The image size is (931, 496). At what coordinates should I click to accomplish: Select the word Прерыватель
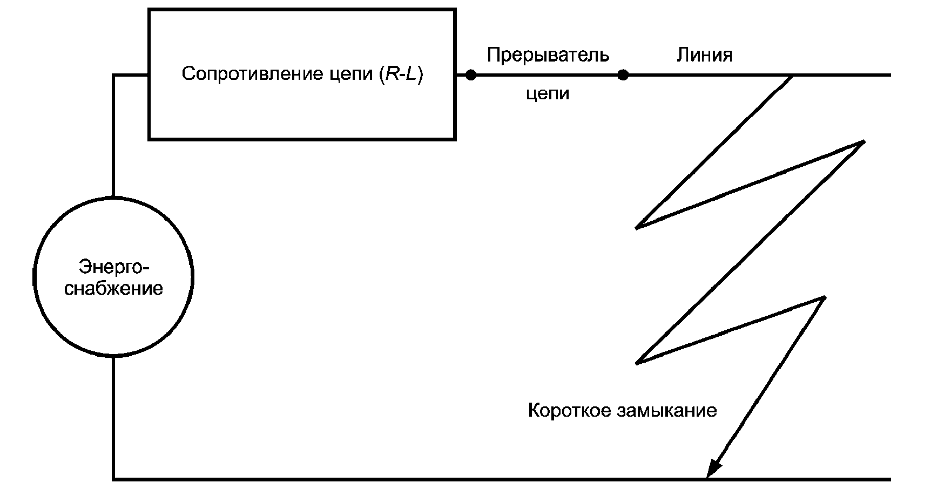click(548, 55)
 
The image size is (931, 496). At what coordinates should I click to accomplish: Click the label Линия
click(704, 55)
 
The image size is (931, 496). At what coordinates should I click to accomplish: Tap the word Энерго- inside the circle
click(114, 267)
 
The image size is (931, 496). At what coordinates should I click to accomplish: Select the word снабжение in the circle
click(114, 288)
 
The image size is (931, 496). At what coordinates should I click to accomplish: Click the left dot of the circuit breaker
click(471, 75)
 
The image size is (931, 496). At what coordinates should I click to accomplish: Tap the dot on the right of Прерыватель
click(623, 75)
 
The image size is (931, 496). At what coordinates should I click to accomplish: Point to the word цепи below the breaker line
click(548, 94)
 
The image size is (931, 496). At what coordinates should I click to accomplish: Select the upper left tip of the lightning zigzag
click(638, 227)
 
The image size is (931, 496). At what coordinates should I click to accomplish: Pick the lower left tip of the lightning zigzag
click(638, 363)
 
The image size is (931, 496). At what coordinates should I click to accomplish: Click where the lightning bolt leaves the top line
click(792, 76)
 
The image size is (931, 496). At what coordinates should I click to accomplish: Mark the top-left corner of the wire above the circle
click(113, 75)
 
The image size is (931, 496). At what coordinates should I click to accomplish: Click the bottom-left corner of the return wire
click(113, 479)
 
